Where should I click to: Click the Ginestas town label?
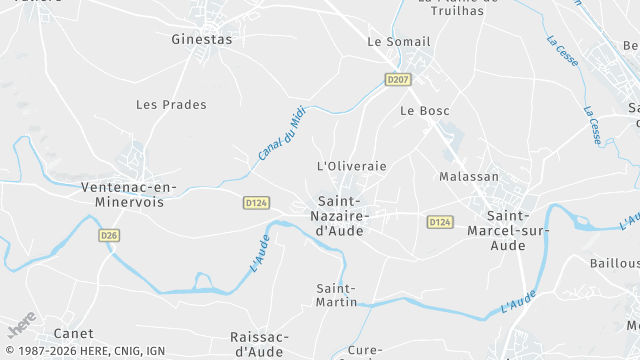201,40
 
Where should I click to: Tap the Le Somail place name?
398,42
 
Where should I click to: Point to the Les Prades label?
171,104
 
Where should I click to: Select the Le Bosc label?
425,111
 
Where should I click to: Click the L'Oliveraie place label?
351,166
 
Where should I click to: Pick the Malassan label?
469,177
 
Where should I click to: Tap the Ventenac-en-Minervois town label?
128,195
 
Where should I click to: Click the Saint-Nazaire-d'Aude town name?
340,215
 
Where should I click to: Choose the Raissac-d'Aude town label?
259,344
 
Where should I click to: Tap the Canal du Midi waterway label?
281,133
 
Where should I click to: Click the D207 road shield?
398,79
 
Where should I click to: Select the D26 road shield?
110,235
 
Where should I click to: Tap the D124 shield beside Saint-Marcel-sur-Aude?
440,222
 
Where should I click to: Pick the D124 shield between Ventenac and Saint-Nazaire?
256,202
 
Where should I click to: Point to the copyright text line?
84,351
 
